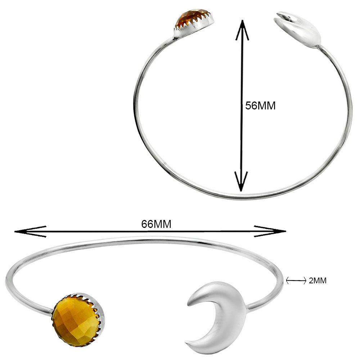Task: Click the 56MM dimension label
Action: click(x=260, y=106)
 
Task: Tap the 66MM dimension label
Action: click(x=156, y=224)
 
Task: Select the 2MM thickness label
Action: click(x=318, y=280)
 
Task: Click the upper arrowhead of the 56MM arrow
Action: click(x=242, y=30)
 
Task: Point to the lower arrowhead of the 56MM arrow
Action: click(x=241, y=181)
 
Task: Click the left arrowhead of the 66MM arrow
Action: click(x=30, y=231)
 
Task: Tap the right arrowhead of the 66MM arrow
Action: click(x=270, y=231)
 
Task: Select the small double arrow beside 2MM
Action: click(x=296, y=280)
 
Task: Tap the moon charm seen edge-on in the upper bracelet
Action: click(x=298, y=30)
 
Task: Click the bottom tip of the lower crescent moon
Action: click(x=186, y=344)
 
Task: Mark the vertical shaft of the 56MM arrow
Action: click(x=242, y=105)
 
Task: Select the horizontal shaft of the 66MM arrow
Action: click(x=150, y=231)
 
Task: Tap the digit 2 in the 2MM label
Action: click(x=311, y=280)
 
